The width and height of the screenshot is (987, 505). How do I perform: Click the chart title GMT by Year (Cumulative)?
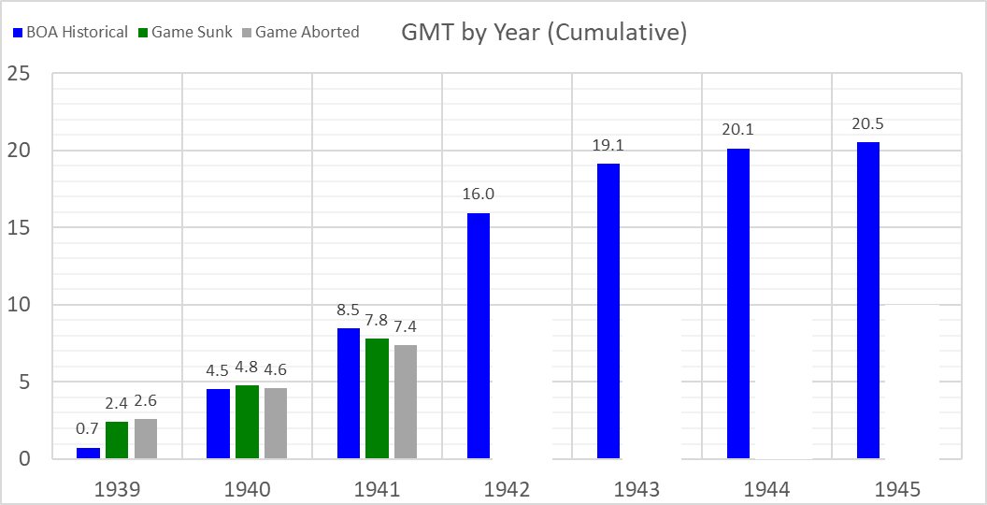coord(544,33)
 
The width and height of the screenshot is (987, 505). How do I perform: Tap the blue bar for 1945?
coord(868,300)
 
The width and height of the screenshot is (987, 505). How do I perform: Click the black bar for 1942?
coord(522,383)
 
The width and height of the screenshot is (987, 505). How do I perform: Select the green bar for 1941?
coord(377,398)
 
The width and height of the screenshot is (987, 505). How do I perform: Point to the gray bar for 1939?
coord(146,439)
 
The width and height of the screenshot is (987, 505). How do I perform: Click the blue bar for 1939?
coord(88,453)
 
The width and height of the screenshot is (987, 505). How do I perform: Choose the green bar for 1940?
coord(247,422)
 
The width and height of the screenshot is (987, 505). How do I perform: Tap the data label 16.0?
coord(479,194)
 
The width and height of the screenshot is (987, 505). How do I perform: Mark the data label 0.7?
coord(88,429)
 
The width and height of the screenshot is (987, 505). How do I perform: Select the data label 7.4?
coord(406,325)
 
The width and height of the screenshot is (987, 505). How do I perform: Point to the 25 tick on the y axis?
coord(20,74)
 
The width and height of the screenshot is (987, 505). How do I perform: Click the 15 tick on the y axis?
coord(20,228)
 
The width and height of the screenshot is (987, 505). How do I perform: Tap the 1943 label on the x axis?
coord(637,488)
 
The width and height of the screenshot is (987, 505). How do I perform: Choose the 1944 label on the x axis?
coord(767,488)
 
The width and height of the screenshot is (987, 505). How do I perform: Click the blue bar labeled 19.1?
coord(608,311)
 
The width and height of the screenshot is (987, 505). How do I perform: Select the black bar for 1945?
coord(912,382)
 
